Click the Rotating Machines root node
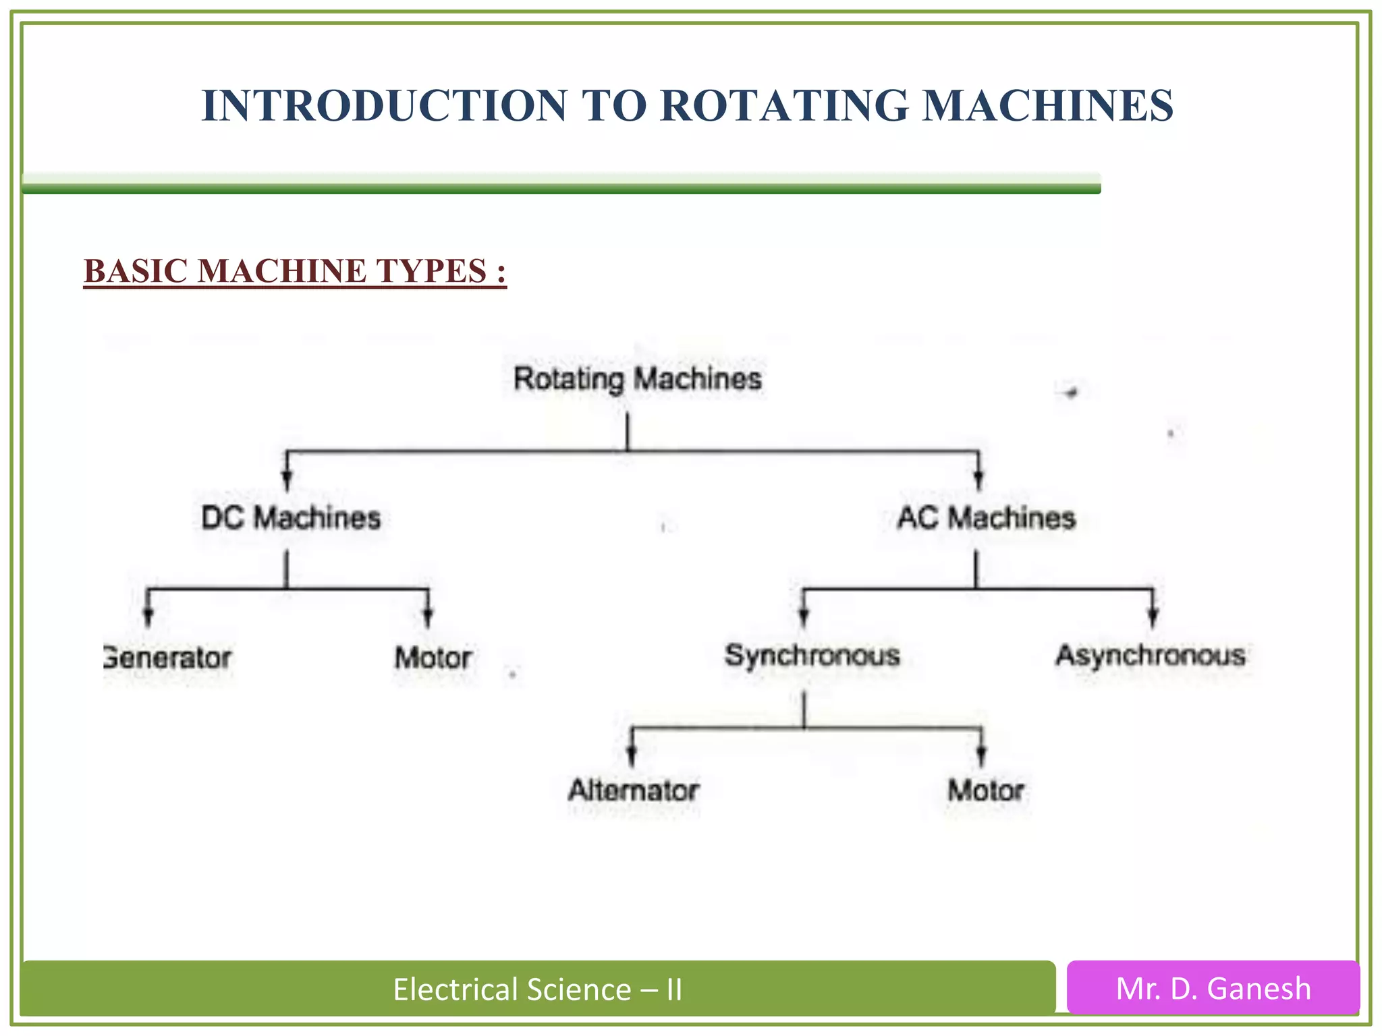coord(638,378)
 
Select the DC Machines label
coord(291,518)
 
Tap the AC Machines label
coord(986,518)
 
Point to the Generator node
coord(168,658)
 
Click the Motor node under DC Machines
coord(433,658)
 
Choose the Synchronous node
coord(812,656)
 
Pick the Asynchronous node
coord(1151,656)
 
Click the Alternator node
coord(633,790)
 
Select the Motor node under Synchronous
coord(986,790)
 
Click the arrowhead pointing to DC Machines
coord(287,480)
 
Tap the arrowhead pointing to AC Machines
coord(978,480)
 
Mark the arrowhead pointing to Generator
coord(148,616)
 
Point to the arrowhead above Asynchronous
coord(1153,616)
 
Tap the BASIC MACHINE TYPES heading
coord(295,271)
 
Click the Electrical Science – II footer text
coord(538,989)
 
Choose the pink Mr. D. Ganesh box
coord(1213,988)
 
